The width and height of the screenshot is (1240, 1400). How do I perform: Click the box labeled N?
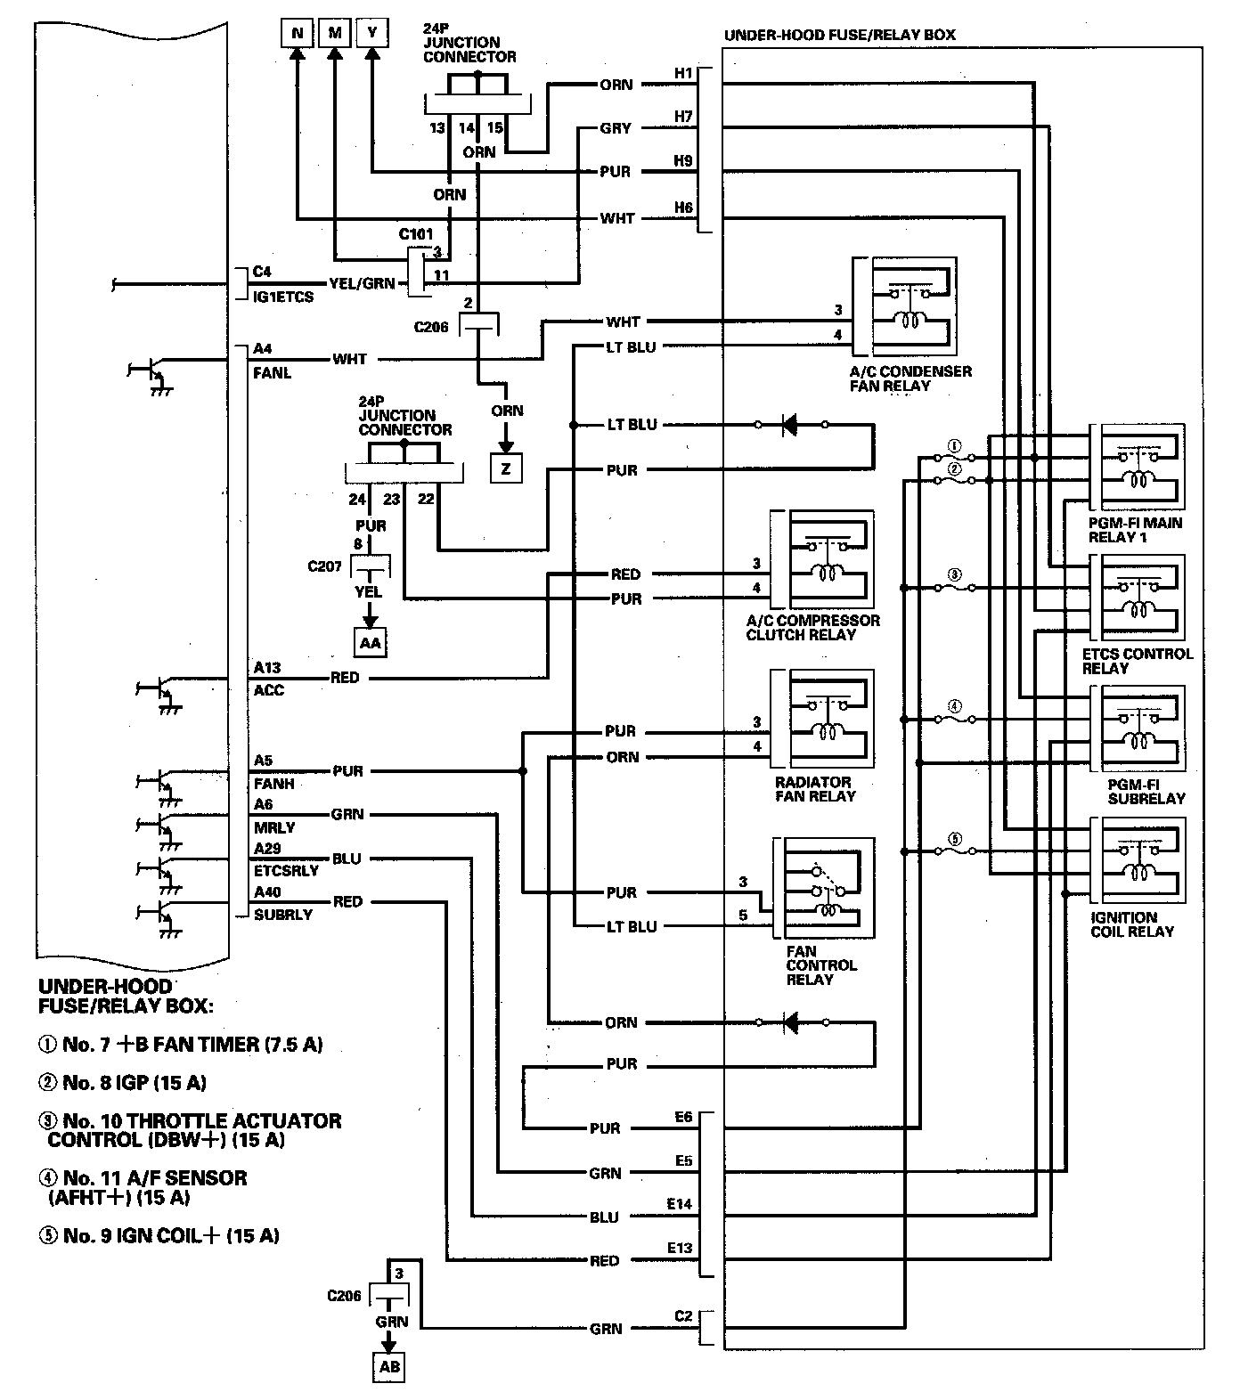298,34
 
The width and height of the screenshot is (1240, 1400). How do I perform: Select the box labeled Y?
372,34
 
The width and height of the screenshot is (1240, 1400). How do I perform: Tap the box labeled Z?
506,468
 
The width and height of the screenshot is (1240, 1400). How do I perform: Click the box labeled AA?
370,642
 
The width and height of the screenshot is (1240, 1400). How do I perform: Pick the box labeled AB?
390,1367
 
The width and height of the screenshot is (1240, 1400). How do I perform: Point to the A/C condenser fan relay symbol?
904,307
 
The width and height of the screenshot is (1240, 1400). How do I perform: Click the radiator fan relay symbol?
822,719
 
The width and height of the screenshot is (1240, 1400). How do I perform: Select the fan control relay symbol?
824,887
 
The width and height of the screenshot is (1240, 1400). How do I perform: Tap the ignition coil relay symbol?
1138,859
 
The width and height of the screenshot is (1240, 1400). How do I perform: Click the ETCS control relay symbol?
1138,597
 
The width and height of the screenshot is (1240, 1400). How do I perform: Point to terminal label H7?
683,117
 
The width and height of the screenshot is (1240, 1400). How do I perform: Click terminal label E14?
680,1204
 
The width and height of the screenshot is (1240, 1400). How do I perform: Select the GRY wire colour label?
616,128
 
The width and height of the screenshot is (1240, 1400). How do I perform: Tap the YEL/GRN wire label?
362,283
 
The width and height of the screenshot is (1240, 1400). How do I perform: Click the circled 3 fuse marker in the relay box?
954,576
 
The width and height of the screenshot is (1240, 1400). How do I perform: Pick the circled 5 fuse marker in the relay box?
954,839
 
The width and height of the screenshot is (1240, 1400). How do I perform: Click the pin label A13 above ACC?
267,668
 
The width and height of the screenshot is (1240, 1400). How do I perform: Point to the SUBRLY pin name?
283,915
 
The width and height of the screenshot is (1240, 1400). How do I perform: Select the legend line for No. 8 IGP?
122,1083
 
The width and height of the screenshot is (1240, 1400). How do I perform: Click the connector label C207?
325,566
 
